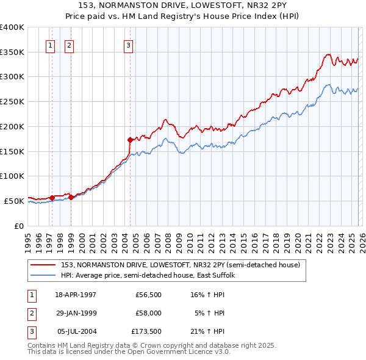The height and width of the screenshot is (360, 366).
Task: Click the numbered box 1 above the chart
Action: click(x=49, y=45)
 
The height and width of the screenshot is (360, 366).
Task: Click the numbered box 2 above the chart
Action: click(x=69, y=45)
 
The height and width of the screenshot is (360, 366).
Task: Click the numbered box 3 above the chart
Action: click(x=128, y=45)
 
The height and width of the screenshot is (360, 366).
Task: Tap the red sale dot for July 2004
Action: click(x=130, y=140)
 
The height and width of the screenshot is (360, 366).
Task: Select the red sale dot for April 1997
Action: click(x=52, y=197)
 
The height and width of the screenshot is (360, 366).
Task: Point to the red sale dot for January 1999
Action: click(x=71, y=196)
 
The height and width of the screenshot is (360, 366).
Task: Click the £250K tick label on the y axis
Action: click(x=12, y=102)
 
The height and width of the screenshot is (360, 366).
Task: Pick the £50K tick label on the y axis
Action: click(x=14, y=201)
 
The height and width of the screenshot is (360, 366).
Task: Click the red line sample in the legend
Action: click(x=43, y=265)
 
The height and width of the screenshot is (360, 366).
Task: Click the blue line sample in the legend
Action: click(x=43, y=276)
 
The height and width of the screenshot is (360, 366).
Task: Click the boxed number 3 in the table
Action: click(x=30, y=331)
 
